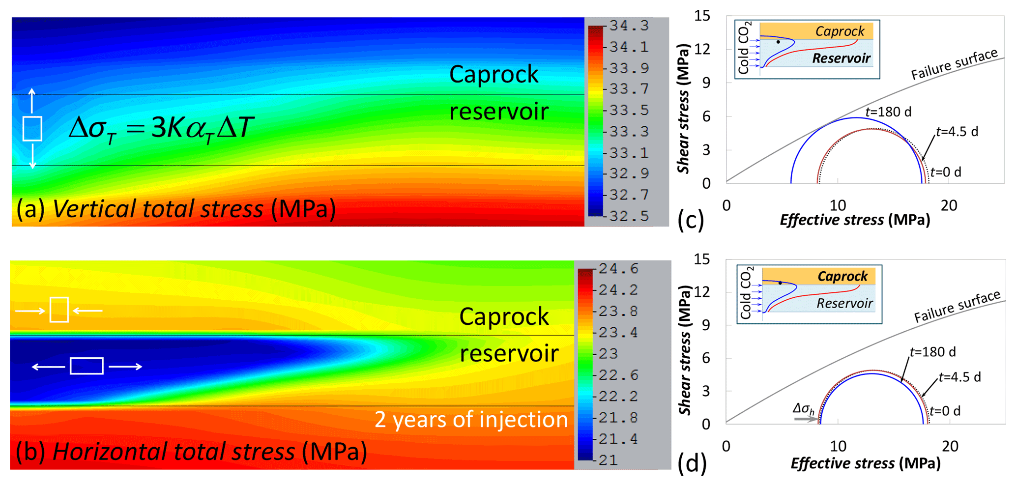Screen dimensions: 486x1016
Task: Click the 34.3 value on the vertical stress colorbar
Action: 629,26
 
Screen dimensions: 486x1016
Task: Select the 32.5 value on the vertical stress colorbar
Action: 629,216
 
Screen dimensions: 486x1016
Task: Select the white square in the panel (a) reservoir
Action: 32,129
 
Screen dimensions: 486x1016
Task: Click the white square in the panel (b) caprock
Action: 59,310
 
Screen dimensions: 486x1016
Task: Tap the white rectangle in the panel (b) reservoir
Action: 87,366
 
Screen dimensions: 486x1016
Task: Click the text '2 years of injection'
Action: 471,420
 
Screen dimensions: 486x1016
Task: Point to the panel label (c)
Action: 691,220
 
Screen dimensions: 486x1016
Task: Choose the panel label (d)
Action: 692,463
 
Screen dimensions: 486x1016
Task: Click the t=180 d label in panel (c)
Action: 888,112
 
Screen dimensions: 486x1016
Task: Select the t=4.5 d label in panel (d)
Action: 959,377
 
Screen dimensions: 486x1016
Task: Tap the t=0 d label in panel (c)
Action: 946,172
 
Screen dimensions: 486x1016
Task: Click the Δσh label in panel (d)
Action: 804,408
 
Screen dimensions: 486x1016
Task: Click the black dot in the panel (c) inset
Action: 778,42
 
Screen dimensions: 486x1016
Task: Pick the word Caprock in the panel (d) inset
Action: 842,276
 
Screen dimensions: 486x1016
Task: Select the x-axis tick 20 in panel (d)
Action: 950,446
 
